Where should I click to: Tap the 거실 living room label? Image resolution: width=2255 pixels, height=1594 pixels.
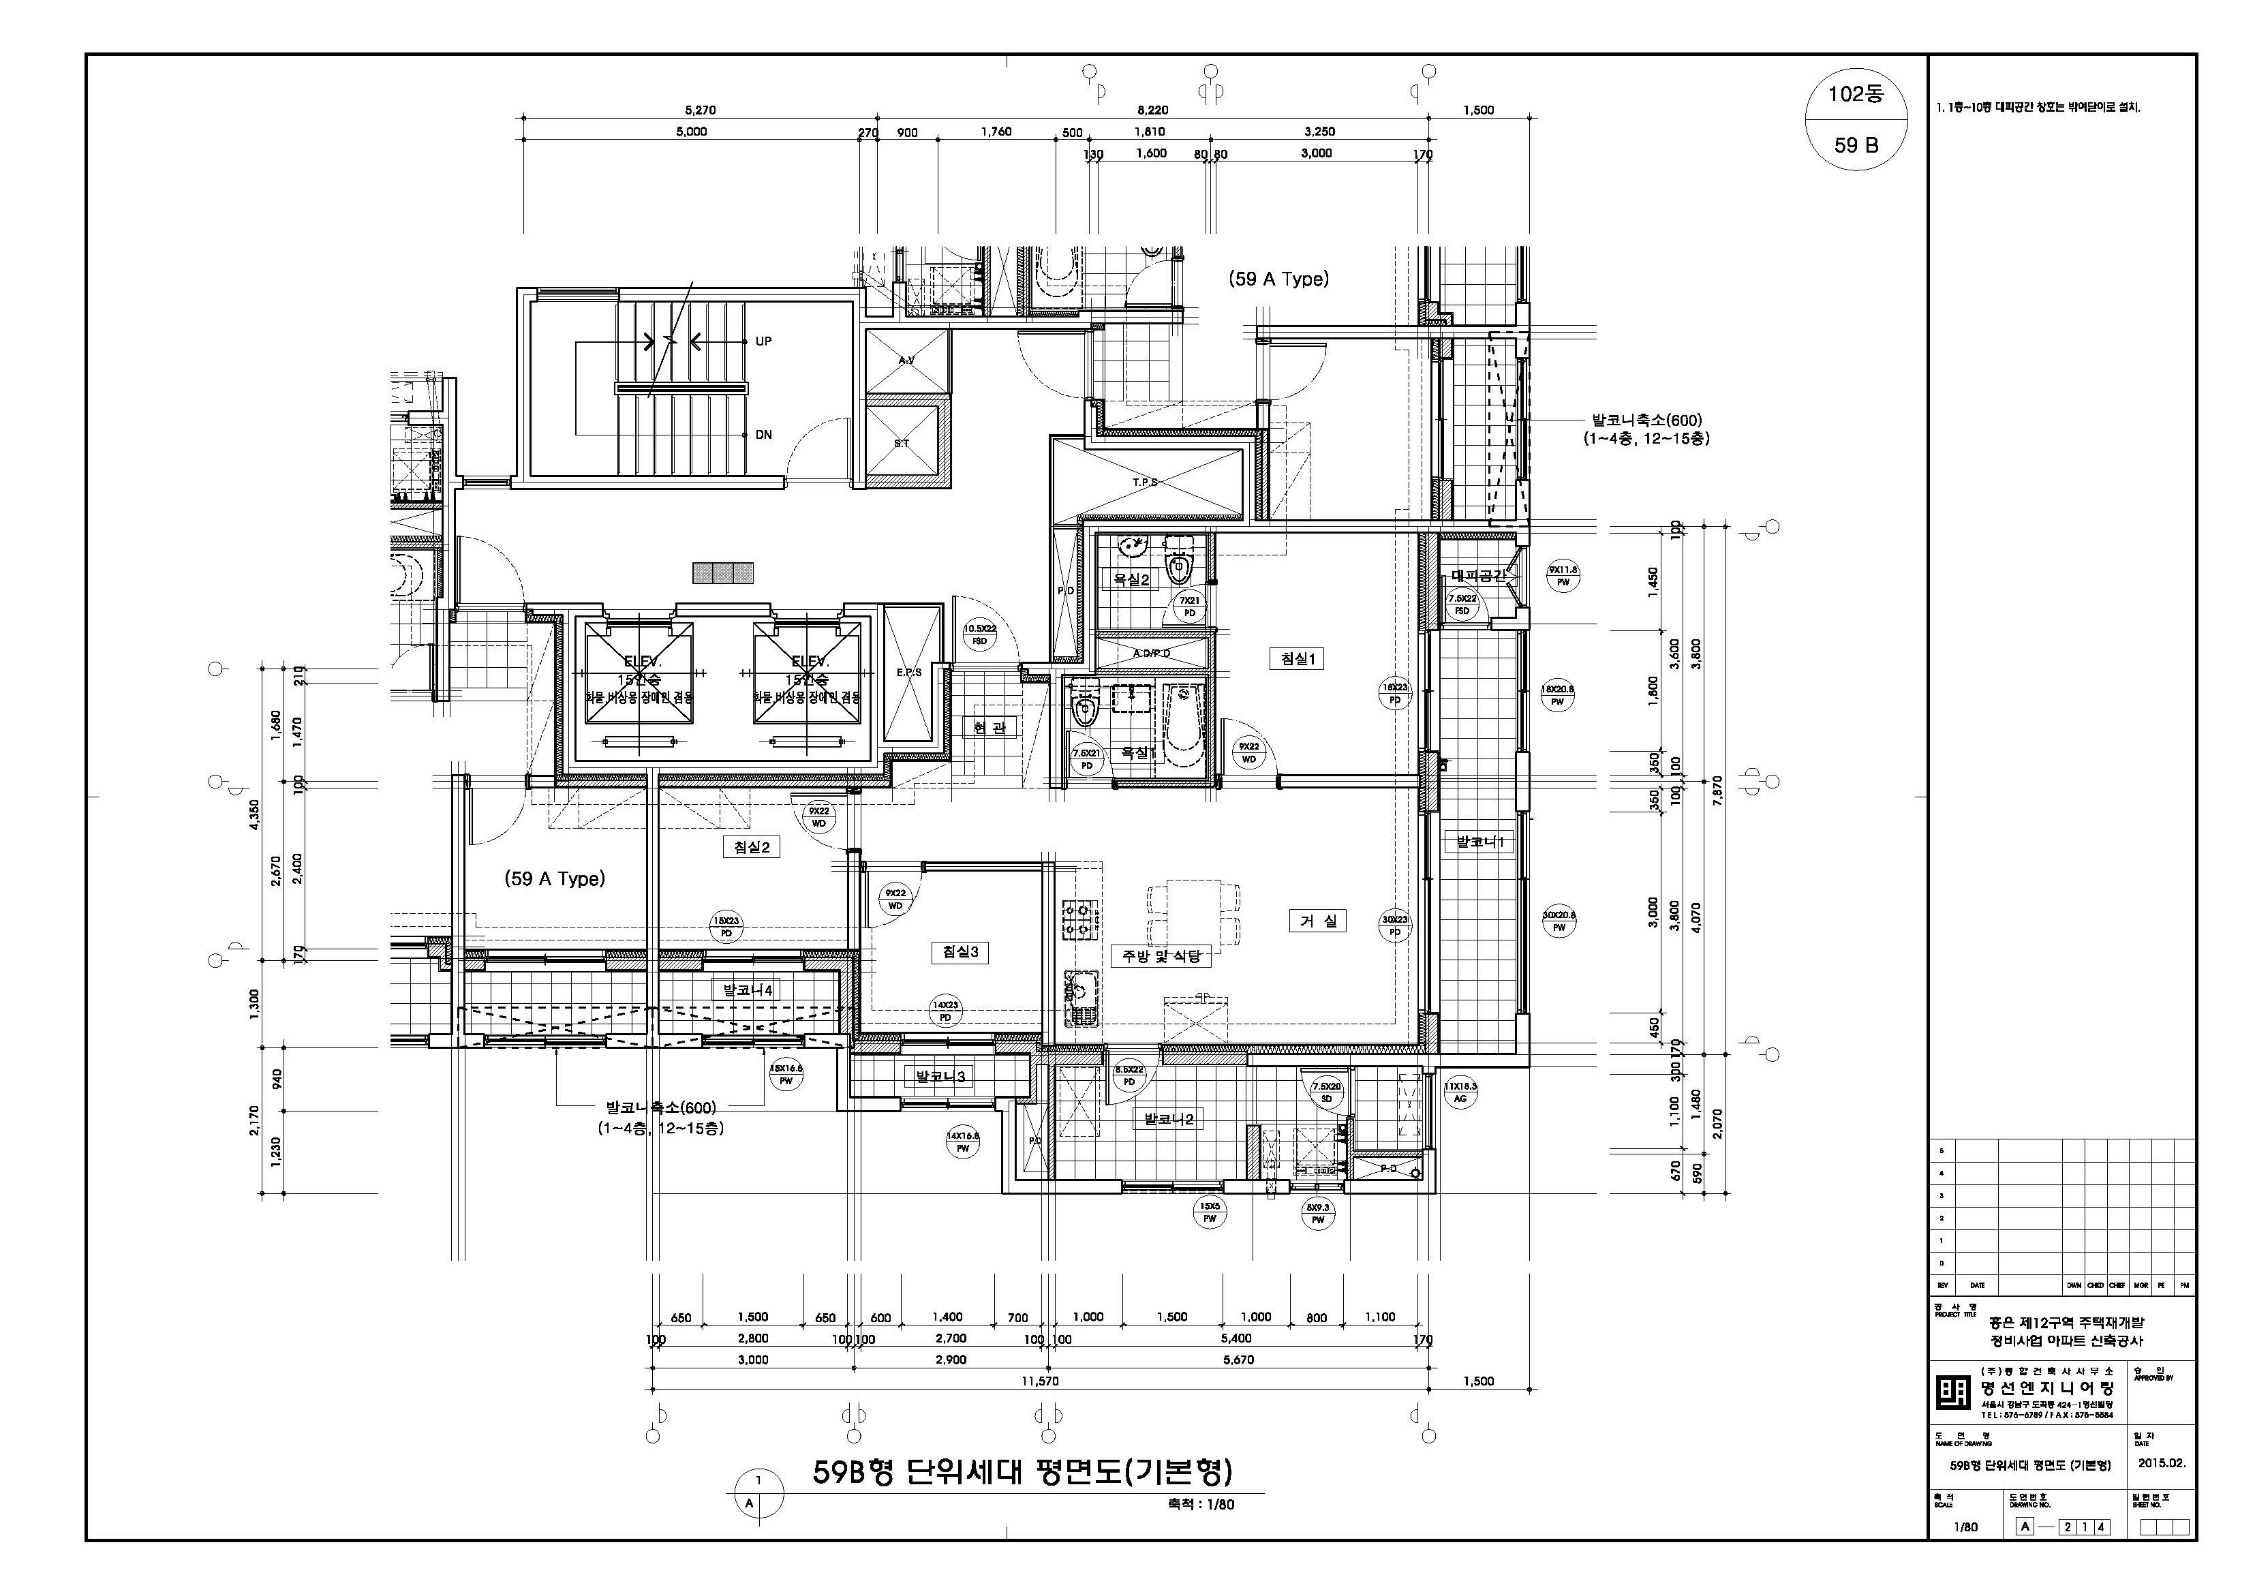1317,921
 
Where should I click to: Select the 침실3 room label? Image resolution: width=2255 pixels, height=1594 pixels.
960,951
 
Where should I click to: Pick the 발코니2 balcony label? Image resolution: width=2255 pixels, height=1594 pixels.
1167,1118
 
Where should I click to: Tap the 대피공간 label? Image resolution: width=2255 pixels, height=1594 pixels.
1477,577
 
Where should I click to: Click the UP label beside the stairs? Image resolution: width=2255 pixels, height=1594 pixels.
763,342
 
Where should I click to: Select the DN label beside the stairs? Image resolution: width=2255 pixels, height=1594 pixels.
763,435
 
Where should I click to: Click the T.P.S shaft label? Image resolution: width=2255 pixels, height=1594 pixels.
1145,482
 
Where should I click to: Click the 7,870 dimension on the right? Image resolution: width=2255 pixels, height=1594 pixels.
1717,790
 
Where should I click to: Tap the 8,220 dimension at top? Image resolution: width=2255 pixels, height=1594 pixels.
1152,110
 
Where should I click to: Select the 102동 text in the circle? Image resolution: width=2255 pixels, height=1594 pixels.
1855,95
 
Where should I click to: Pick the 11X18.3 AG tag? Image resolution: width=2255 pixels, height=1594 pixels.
1460,1092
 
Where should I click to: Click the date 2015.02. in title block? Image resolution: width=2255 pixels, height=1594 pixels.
2161,1463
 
